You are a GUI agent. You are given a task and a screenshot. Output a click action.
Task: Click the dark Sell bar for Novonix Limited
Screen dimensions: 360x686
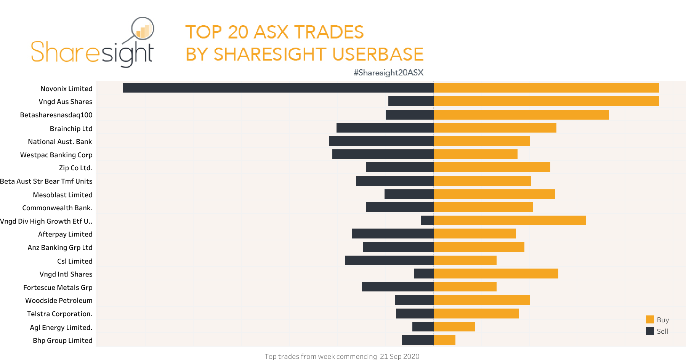(278, 88)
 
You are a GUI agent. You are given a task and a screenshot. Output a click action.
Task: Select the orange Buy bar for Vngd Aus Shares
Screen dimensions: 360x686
(546, 101)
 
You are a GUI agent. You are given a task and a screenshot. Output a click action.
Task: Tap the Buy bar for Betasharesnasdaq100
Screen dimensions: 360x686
(521, 115)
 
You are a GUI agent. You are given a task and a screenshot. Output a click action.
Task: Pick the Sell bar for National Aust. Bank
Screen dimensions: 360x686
(381, 141)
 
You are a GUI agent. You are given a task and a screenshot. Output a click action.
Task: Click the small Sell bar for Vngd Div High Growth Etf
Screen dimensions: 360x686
(427, 221)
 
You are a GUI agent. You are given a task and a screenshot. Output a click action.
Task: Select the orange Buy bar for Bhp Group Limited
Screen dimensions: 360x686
(444, 340)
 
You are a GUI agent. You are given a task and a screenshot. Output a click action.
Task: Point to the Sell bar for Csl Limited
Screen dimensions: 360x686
(389, 261)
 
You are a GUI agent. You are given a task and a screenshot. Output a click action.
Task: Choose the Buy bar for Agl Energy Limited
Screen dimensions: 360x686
(454, 327)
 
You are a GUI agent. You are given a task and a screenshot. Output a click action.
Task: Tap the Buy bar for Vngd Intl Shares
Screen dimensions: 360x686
(496, 274)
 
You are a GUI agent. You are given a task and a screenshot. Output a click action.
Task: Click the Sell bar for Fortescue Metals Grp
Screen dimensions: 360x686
(397, 287)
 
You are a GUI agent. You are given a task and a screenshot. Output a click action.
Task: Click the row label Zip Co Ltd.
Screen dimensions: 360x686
(75, 168)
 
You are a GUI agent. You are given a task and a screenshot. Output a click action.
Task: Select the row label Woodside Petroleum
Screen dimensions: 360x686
(59, 301)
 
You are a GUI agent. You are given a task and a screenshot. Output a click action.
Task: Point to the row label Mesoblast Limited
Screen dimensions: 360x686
(63, 195)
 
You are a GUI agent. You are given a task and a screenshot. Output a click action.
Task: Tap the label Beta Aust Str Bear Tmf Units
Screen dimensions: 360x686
(46, 181)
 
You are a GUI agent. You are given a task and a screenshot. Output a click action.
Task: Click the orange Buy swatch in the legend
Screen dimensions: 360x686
(650, 320)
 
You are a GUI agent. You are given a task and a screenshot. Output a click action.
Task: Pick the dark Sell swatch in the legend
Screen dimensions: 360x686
(650, 331)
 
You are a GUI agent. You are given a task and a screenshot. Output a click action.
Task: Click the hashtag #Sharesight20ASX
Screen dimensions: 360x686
(388, 72)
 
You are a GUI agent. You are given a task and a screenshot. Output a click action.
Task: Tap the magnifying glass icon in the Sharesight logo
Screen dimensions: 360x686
(142, 29)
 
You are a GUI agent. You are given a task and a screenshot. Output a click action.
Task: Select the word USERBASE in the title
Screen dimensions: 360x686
(378, 54)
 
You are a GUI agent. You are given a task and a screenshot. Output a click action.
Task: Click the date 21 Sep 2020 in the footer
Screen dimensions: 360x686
(399, 356)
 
